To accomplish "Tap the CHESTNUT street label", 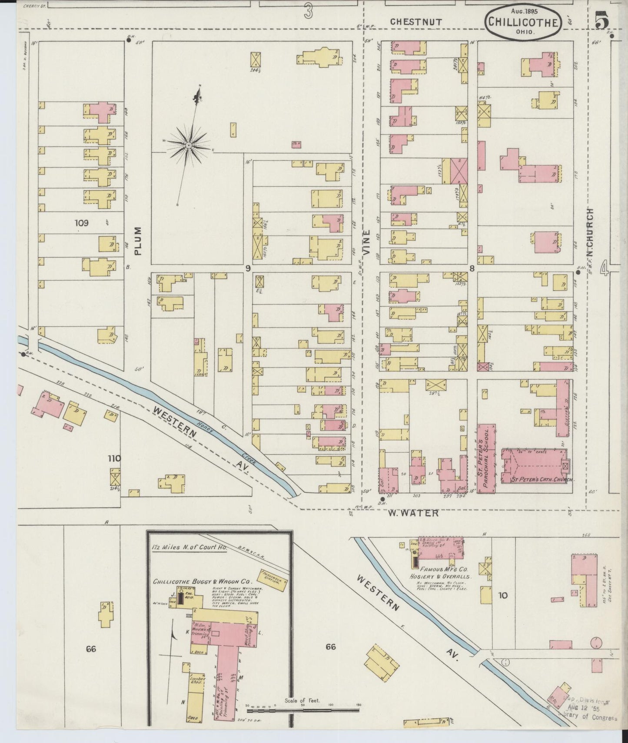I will coord(416,21).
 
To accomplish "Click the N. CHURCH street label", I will coord(590,232).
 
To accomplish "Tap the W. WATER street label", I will coord(413,513).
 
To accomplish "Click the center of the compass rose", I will coord(189,145).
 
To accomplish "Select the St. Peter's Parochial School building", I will coord(487,458).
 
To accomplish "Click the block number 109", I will coord(81,223).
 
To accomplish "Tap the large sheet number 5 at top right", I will coord(602,21).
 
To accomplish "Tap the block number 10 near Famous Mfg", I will coord(503,595).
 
